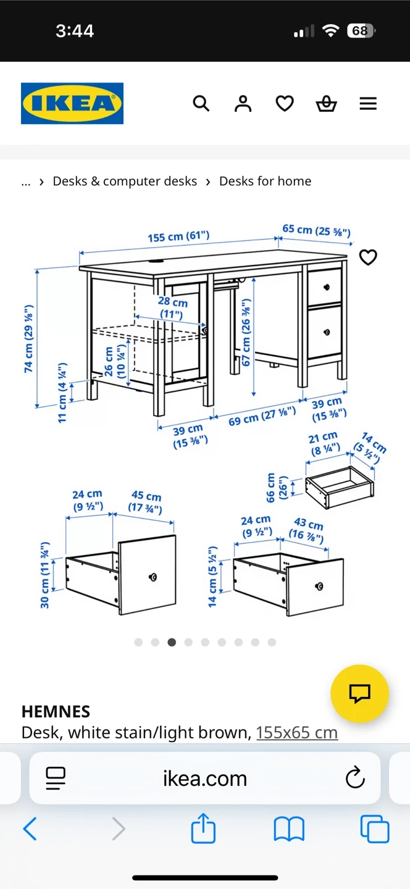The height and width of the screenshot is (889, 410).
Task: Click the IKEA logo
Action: click(72, 103)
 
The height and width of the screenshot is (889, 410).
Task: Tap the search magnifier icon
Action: click(201, 104)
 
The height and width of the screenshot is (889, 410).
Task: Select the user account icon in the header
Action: click(243, 104)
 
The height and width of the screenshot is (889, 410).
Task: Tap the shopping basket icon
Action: click(326, 104)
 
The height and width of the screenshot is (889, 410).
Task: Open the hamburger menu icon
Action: click(369, 104)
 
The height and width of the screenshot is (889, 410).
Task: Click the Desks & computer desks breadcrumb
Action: click(125, 182)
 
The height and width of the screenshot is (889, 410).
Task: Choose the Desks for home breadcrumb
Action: click(265, 182)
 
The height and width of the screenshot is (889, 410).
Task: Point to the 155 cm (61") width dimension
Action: click(178, 236)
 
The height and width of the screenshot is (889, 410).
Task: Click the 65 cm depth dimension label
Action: click(316, 230)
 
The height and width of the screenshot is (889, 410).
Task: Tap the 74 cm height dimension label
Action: click(28, 338)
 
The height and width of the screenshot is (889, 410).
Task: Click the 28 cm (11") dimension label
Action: click(172, 307)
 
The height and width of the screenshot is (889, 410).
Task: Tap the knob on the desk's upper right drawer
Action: click(326, 287)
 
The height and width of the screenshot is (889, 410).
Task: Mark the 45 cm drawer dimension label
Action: click(146, 502)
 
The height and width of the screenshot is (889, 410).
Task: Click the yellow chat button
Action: click(359, 693)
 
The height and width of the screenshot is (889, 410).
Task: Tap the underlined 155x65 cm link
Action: click(297, 733)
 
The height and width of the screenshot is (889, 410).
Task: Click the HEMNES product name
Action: click(56, 712)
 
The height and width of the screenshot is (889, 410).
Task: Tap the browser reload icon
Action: click(355, 777)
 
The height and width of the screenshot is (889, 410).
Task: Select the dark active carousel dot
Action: click(172, 642)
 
